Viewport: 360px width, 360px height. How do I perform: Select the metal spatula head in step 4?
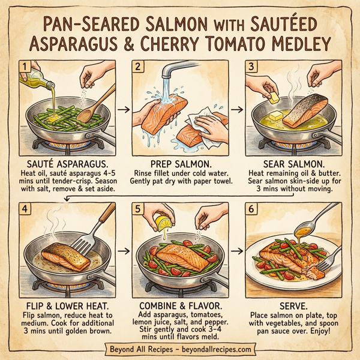coord(83,247)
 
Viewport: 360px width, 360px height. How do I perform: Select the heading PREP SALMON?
coord(179,164)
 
